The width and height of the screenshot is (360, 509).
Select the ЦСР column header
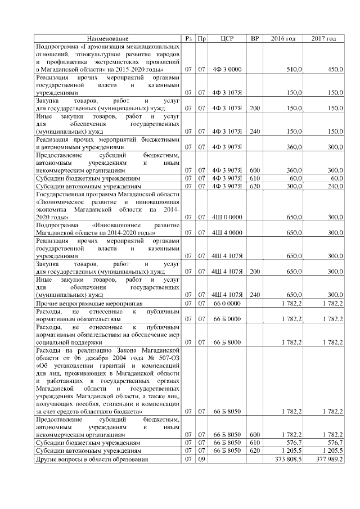point(227,38)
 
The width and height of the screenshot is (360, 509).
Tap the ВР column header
point(255,38)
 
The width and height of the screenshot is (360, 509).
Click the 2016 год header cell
point(283,38)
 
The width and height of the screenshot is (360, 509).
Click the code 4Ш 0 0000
point(227,216)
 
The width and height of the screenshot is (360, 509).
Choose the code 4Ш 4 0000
point(227,232)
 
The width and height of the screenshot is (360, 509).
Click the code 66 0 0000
point(227,303)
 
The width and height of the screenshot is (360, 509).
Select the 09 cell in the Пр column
point(201,459)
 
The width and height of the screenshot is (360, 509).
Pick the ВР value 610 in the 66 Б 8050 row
point(255,443)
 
